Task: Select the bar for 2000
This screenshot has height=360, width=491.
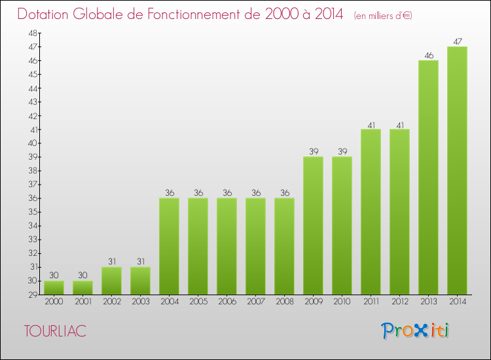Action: [54, 288]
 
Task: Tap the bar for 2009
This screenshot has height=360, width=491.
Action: [313, 226]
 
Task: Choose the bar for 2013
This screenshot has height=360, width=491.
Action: [428, 177]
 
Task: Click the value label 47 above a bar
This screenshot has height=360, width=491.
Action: [457, 41]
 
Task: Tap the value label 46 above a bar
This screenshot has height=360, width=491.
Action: [428, 55]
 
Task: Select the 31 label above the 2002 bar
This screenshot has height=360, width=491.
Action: [111, 261]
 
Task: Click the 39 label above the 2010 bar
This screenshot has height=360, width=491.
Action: [342, 151]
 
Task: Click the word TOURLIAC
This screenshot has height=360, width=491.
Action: [55, 331]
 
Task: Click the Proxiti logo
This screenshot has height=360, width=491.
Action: [416, 331]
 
